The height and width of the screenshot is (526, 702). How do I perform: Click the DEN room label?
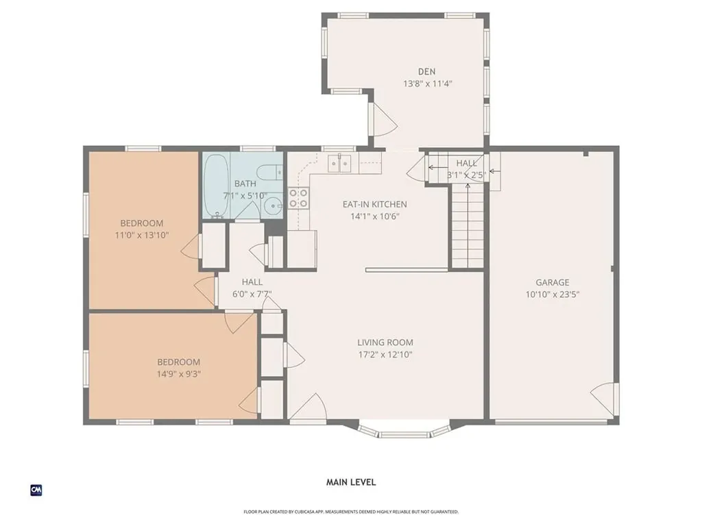[426, 71]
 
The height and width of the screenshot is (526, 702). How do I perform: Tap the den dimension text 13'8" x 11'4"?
[426, 84]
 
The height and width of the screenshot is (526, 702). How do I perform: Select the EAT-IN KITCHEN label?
[375, 204]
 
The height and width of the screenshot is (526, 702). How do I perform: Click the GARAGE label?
[553, 282]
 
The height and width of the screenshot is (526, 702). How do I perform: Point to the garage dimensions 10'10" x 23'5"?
[553, 295]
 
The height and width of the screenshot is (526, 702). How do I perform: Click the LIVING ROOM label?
[385, 342]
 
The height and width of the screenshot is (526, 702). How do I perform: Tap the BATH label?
[245, 184]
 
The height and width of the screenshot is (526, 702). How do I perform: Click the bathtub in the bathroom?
[216, 186]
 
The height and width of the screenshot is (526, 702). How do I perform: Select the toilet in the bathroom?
[275, 172]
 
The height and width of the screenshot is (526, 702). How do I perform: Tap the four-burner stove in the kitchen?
[298, 199]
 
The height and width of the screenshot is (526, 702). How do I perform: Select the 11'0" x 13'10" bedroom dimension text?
[142, 235]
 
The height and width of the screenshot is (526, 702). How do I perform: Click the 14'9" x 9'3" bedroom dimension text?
[178, 374]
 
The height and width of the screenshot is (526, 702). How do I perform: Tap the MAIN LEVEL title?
[350, 482]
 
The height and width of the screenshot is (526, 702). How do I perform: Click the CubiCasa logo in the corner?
[36, 490]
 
